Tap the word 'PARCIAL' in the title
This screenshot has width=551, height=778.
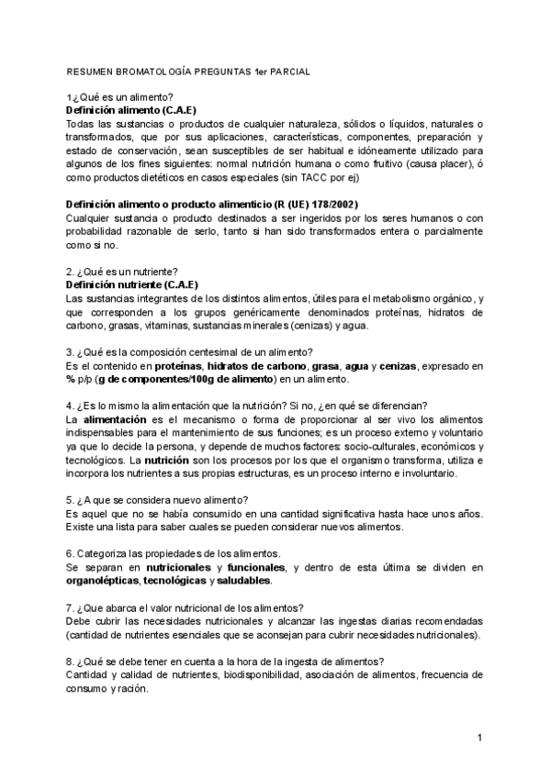point(286,71)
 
